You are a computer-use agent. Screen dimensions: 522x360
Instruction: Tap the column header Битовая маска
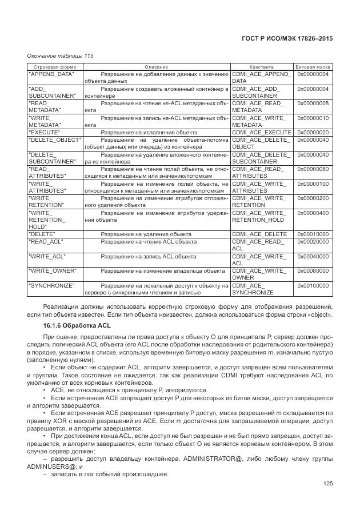313,67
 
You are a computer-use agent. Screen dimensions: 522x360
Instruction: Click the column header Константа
262,67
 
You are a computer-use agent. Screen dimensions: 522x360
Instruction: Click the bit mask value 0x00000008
313,103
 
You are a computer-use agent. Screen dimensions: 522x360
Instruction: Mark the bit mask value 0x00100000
313,285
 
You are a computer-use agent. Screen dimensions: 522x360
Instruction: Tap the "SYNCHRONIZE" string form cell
52,285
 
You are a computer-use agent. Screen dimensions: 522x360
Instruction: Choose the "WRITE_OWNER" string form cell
52,270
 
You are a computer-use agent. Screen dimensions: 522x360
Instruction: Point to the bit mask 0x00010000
313,234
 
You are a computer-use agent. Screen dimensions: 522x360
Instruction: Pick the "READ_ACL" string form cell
46,241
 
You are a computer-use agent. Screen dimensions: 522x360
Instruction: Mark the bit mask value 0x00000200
313,198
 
